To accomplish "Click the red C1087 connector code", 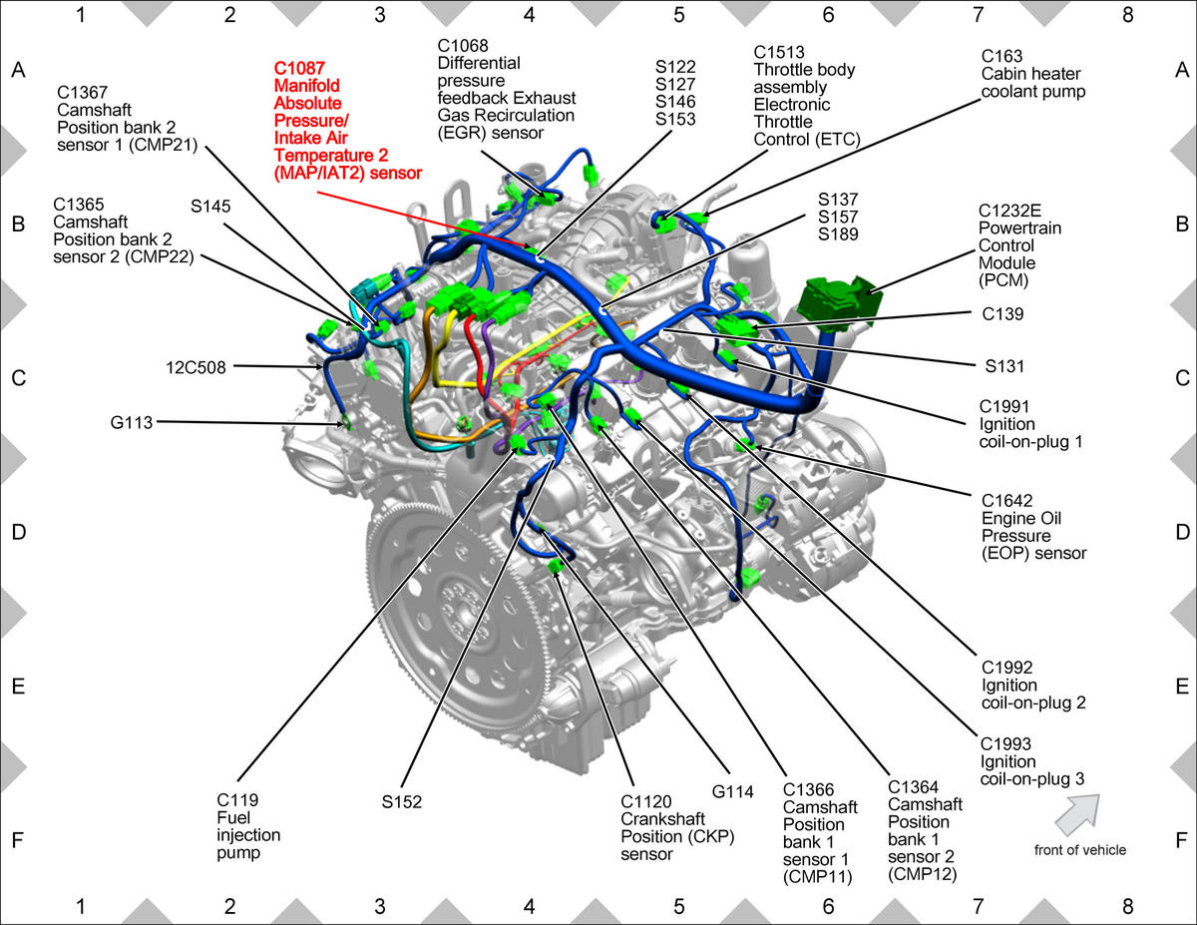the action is [299, 68].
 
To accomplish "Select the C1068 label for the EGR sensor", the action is [463, 46].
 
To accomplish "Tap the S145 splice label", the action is [210, 206].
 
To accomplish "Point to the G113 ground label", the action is [131, 422].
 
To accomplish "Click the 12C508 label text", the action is [196, 367].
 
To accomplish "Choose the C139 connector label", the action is [1002, 314].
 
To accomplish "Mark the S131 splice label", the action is [1004, 366].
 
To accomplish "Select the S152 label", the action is [402, 802].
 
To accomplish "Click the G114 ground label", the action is [732, 792].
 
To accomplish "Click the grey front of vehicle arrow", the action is [1078, 813].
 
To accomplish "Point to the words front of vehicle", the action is [1079, 850].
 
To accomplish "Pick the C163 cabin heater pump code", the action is [1001, 56].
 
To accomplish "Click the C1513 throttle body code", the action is [779, 52].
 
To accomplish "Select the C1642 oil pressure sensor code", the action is [1006, 501].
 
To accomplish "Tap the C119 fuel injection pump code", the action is [237, 800].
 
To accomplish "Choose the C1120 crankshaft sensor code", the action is [646, 801].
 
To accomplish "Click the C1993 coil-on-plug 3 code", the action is [1005, 744].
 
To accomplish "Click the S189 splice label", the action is [838, 234].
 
